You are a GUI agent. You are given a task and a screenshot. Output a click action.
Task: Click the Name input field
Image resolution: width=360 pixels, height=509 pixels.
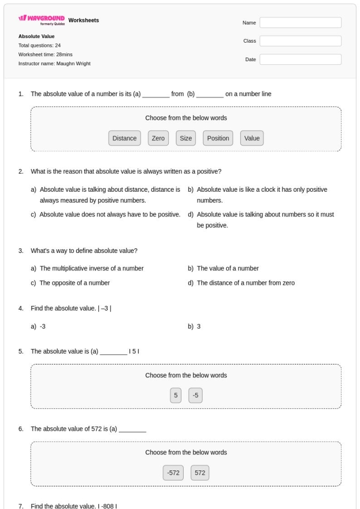pyautogui.click(x=300, y=23)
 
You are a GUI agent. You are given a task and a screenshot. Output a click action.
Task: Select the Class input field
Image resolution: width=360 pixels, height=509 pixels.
pyautogui.click(x=300, y=41)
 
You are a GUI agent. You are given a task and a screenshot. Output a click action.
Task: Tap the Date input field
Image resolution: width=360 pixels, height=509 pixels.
pyautogui.click(x=300, y=60)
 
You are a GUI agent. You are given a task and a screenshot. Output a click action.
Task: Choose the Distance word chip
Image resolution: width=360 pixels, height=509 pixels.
pyautogui.click(x=124, y=138)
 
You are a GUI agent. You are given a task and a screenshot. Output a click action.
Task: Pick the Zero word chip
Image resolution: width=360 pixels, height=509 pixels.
pyautogui.click(x=158, y=138)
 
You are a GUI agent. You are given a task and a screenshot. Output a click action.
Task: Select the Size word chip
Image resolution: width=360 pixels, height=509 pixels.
pyautogui.click(x=186, y=138)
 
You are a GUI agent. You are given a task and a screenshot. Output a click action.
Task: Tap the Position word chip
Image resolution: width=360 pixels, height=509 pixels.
pyautogui.click(x=218, y=138)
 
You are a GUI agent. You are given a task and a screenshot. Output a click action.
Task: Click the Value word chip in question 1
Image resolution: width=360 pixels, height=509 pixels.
pyautogui.click(x=252, y=138)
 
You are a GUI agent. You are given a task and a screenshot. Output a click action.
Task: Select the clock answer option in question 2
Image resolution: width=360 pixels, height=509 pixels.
pyautogui.click(x=262, y=195)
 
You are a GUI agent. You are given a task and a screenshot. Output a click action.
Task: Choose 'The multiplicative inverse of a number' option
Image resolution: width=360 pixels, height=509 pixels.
pyautogui.click(x=92, y=268)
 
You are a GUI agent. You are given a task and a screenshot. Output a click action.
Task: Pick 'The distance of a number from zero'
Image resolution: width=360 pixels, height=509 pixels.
pyautogui.click(x=245, y=283)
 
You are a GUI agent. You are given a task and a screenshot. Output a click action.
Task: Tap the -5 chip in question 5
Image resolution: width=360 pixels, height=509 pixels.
pyautogui.click(x=195, y=395)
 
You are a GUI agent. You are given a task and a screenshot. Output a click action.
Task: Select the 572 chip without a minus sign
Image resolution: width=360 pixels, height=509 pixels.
pyautogui.click(x=200, y=473)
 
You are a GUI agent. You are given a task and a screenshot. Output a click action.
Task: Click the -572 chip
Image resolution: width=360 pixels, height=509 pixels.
pyautogui.click(x=172, y=473)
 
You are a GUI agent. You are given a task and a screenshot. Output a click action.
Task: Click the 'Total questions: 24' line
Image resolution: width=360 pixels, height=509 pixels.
pyautogui.click(x=40, y=46)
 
